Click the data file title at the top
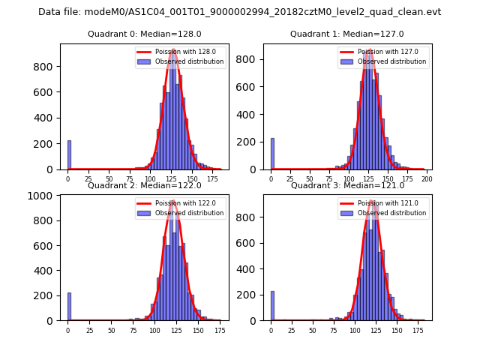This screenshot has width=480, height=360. coord(240,12)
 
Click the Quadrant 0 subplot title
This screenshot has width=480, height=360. coord(144,34)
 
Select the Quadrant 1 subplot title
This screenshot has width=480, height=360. coord(347,34)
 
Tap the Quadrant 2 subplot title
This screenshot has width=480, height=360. coord(144,185)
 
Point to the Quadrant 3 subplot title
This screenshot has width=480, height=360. coord(347,185)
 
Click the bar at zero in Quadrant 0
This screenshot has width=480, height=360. coord(69,155)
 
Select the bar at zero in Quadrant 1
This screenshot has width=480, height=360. coord(272,154)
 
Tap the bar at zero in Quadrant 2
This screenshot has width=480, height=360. coord(69,307)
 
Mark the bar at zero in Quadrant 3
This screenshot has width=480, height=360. coord(272,306)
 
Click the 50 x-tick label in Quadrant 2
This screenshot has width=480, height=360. coord(111,330)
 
